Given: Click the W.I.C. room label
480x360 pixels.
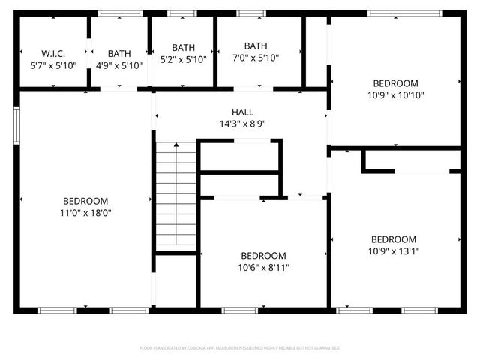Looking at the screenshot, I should point(53,53).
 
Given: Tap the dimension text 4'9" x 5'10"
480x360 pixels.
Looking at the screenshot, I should point(119,64).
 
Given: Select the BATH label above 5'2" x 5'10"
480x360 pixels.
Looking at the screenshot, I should point(183,47).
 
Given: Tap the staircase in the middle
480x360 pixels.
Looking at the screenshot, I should point(176,196).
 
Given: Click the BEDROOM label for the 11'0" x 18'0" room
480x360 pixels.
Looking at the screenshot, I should point(85,201).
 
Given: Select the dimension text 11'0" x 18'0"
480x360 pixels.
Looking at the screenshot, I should point(85,212).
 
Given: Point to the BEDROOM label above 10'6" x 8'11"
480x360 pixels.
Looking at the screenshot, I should point(263,255).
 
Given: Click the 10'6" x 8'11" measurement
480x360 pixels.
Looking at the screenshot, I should point(263,266).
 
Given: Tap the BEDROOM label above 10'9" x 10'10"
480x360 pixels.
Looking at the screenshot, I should point(396,83).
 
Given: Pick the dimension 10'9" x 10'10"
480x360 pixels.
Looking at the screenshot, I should point(396,95).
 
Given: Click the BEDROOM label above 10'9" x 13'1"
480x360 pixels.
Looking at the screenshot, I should point(393,239).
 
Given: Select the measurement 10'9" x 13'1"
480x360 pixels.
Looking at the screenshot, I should point(393,251).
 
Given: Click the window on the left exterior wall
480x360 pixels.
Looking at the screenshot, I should point(16,124).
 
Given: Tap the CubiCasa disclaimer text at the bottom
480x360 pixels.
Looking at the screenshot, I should point(240,348).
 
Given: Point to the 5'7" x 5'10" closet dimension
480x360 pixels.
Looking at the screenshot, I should point(53,64).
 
